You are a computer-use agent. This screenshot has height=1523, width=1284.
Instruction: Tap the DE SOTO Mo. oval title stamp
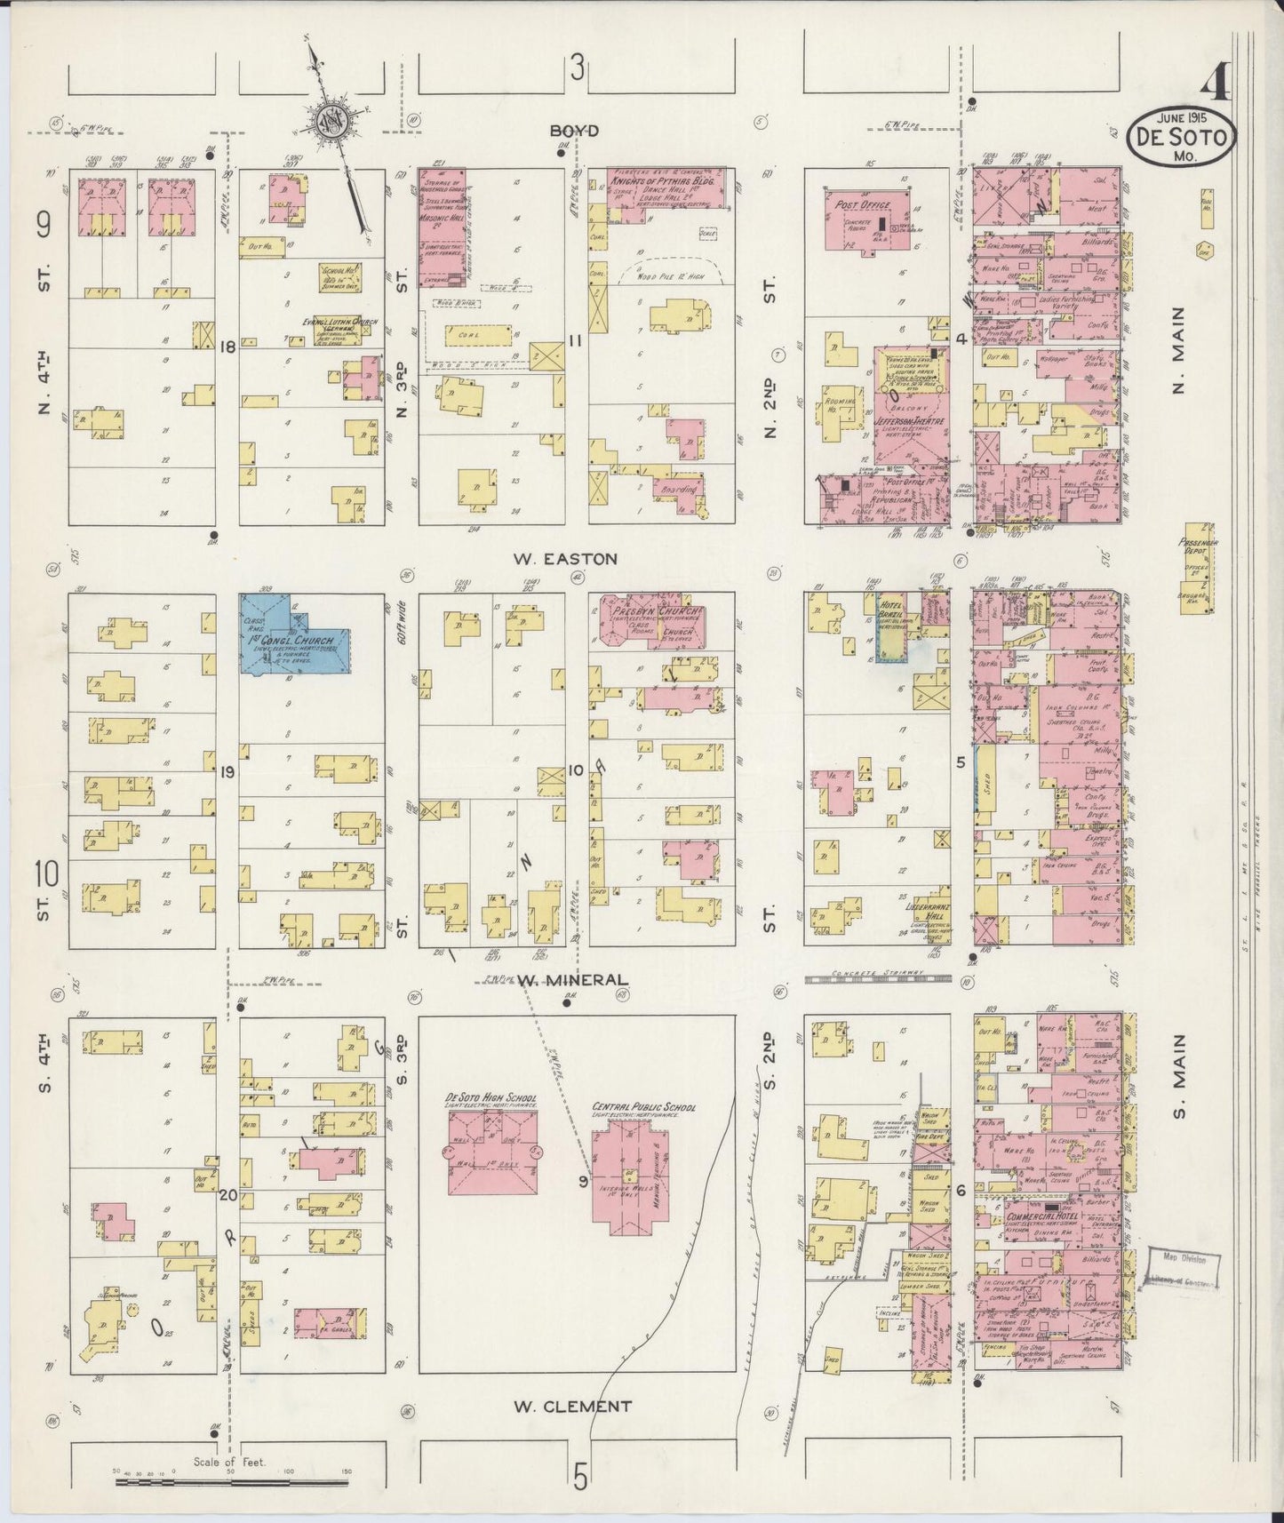[1180, 138]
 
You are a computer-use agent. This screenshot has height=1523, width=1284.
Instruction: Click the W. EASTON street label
[564, 559]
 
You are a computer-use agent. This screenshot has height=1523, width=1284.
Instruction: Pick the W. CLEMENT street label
[573, 1407]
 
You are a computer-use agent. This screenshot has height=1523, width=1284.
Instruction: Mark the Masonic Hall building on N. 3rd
[442, 227]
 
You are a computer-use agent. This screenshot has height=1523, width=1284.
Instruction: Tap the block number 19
[227, 772]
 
